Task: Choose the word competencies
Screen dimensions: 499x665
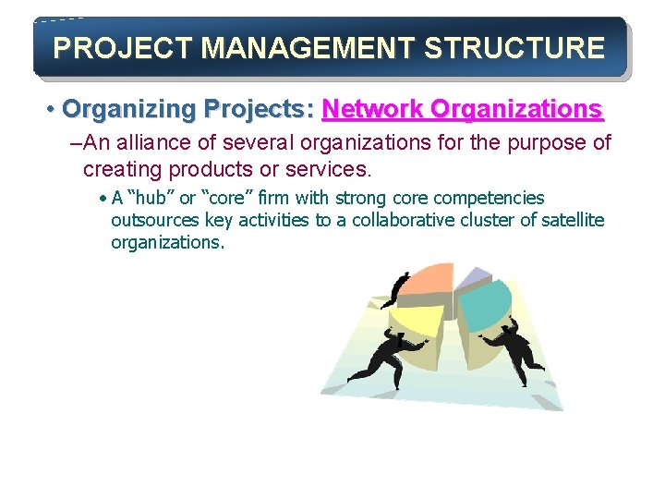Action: [489, 199]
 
